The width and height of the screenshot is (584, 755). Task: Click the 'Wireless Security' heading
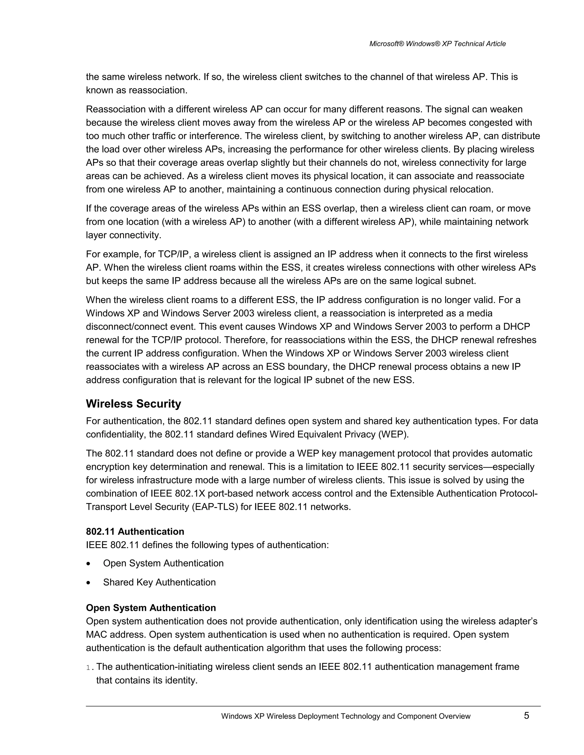coord(133,404)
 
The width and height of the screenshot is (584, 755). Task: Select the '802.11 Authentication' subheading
coord(135,531)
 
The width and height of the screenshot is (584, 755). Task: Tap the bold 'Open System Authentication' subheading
coord(151,608)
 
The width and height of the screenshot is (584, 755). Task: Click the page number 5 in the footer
coord(526,715)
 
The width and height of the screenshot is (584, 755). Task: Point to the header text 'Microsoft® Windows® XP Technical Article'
coord(437,44)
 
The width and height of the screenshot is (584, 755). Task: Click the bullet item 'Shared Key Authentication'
coord(159,582)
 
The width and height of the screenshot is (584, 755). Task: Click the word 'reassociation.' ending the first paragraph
coord(158,90)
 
